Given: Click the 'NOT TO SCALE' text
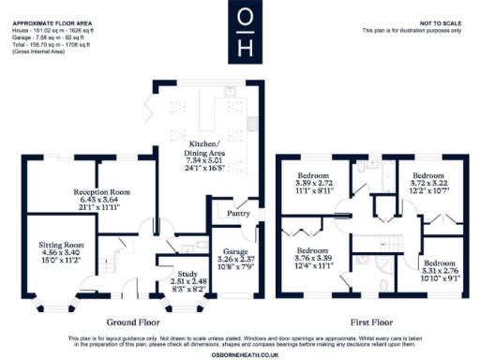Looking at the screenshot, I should [x=439, y=22].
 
